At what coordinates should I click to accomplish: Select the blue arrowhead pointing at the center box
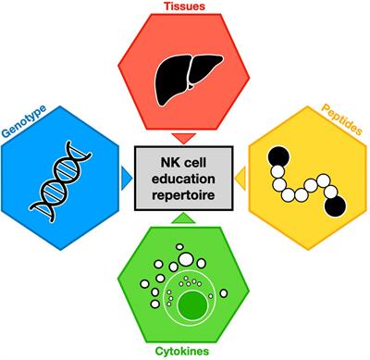(127, 175)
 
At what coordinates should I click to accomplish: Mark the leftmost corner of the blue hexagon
(3, 176)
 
